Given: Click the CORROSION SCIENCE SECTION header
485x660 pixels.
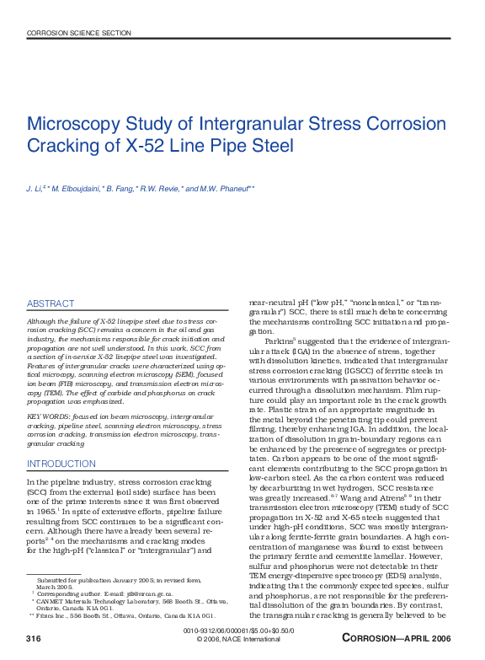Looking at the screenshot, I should click(79, 33).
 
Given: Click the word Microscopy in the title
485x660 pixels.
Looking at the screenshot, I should click(77, 124).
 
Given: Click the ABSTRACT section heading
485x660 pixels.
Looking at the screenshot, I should click(51, 303).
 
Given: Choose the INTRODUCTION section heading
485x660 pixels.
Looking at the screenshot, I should click(61, 464).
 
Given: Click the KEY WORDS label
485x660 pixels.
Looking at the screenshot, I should click(50, 416).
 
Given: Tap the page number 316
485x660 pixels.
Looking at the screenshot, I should click(34, 641).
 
